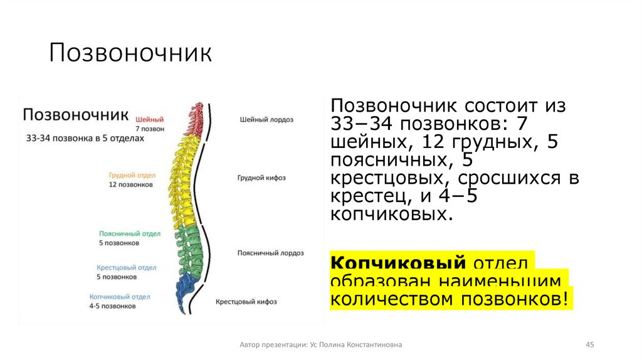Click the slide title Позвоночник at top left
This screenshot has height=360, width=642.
point(130,54)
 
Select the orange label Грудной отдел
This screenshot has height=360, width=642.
point(132,176)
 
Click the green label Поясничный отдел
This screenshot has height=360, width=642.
point(130,233)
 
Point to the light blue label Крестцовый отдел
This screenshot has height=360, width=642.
point(127,267)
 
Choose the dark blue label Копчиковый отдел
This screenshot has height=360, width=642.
point(120,297)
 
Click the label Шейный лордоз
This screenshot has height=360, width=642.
point(266,119)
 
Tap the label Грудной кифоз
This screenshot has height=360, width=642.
point(261,177)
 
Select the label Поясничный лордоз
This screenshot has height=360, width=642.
point(270,253)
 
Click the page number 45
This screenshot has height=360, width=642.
point(589,345)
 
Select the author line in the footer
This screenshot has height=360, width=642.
point(321,345)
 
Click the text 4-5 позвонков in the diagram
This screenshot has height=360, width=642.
point(112,307)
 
